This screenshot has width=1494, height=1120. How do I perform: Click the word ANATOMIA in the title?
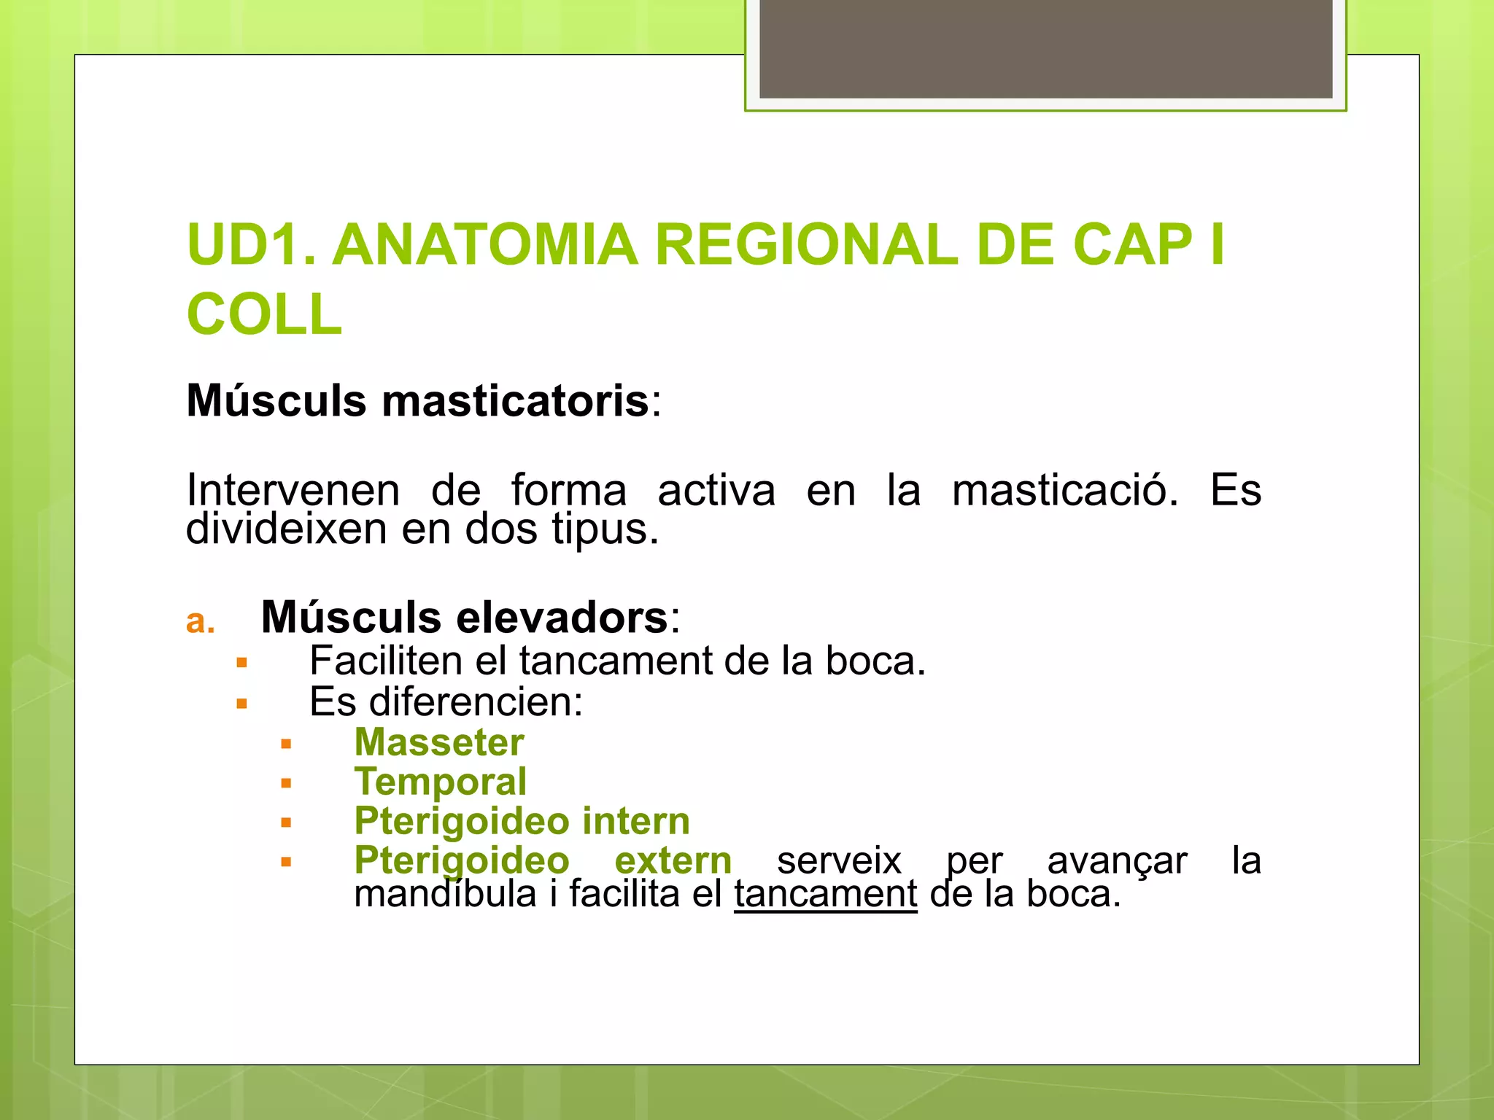pyautogui.click(x=485, y=245)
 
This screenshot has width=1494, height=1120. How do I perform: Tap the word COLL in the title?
pyautogui.click(x=264, y=315)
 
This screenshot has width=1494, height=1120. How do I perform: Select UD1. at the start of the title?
pyautogui.click(x=252, y=245)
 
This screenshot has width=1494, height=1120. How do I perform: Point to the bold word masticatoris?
pyautogui.click(x=515, y=401)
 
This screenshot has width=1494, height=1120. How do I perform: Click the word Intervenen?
pyautogui.click(x=293, y=490)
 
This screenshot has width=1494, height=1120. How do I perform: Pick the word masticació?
pyautogui.click(x=1064, y=490)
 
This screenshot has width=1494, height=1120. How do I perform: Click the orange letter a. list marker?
pyautogui.click(x=200, y=622)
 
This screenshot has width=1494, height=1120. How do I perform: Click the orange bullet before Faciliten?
pyautogui.click(x=242, y=664)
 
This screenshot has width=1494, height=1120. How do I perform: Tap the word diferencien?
pyautogui.click(x=476, y=702)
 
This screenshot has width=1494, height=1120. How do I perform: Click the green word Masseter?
pyautogui.click(x=439, y=743)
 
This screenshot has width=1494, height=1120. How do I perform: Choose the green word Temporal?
pyautogui.click(x=441, y=782)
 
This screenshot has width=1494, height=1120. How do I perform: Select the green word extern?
pyautogui.click(x=673, y=861)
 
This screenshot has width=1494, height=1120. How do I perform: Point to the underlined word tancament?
pyautogui.click(x=825, y=895)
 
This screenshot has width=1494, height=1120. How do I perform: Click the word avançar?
pyautogui.click(x=1117, y=861)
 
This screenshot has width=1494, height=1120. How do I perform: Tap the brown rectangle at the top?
pyautogui.click(x=1045, y=49)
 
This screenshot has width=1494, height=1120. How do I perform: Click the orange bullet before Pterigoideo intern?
pyautogui.click(x=286, y=823)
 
